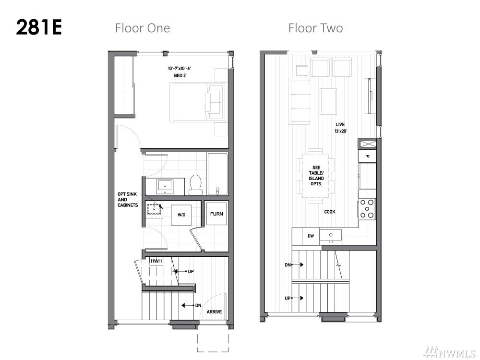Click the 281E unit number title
(x=39, y=27)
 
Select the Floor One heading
(x=143, y=28)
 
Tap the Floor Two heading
(x=316, y=28)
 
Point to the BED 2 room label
(x=180, y=75)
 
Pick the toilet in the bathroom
(x=196, y=185)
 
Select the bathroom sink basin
(x=165, y=186)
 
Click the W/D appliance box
(x=181, y=215)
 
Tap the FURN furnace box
(x=216, y=214)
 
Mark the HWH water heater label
(x=156, y=261)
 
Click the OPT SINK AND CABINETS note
(x=128, y=200)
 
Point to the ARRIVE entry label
(x=214, y=312)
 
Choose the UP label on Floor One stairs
(x=191, y=271)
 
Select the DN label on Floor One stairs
(x=198, y=305)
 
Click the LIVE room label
(x=340, y=124)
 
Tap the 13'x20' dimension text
(x=340, y=131)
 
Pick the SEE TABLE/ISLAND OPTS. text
(x=316, y=176)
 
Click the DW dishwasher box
(x=311, y=236)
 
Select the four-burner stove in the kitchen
(x=367, y=208)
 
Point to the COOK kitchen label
(x=330, y=212)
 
